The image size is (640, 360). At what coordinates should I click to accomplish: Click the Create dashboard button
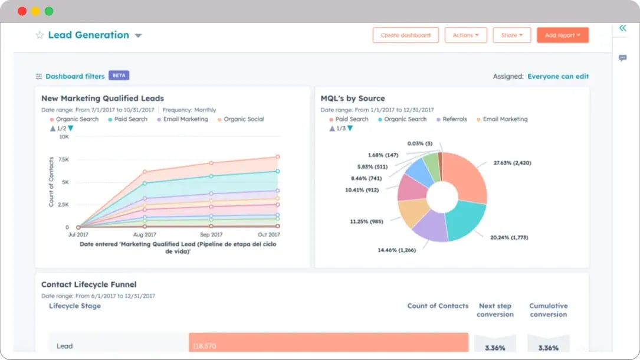(x=405, y=35)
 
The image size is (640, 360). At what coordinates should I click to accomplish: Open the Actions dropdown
(x=465, y=35)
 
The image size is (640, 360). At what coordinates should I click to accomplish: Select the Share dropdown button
(x=511, y=35)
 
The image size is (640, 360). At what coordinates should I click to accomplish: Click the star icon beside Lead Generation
(x=40, y=35)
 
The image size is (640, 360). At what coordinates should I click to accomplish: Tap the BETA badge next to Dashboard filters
(x=119, y=76)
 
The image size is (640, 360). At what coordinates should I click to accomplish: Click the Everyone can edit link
(x=557, y=76)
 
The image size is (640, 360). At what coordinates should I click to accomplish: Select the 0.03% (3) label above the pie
(x=419, y=143)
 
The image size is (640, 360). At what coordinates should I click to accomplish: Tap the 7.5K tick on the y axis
(x=63, y=159)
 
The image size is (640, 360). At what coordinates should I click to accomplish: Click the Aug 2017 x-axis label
(x=144, y=234)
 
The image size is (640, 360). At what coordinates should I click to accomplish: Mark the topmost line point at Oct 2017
(x=277, y=157)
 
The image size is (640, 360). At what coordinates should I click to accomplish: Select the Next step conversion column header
(x=495, y=310)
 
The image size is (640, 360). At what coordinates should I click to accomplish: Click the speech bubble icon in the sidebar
(x=622, y=58)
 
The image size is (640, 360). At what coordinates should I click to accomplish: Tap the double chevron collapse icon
(x=622, y=28)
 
